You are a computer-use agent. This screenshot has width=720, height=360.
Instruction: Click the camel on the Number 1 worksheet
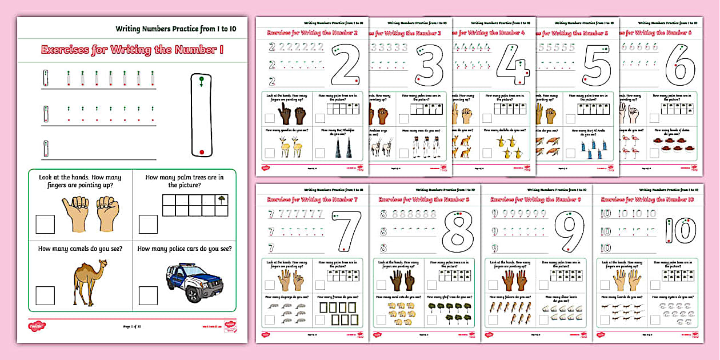pyautogui.click(x=89, y=282)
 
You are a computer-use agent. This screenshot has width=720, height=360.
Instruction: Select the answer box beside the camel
pyautogui.click(x=45, y=295)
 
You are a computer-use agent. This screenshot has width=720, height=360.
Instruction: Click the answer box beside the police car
pyautogui.click(x=147, y=295)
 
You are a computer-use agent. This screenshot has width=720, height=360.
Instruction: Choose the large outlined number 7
pyautogui.click(x=346, y=233)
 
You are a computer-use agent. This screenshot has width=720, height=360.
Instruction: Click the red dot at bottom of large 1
pyautogui.click(x=201, y=152)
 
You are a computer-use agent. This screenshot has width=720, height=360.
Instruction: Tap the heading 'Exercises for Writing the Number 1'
pyautogui.click(x=132, y=50)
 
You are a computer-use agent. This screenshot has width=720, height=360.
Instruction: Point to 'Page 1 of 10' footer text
pyautogui.click(x=132, y=327)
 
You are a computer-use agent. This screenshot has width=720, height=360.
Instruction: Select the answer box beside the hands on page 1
pyautogui.click(x=45, y=224)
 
